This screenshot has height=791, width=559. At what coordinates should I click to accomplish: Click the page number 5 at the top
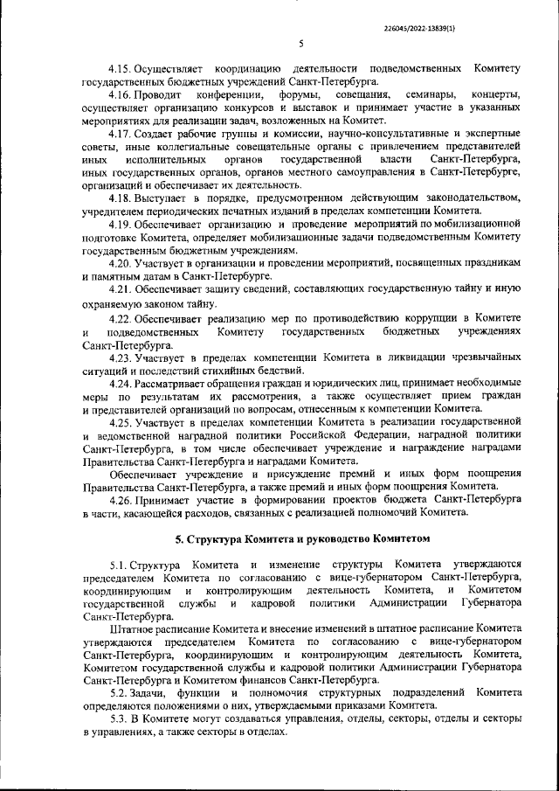pos(300,44)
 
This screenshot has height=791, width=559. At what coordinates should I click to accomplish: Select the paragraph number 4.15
pos(123,67)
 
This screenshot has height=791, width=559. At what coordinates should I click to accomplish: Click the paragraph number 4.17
pos(123,134)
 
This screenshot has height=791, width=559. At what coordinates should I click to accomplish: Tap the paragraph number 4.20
pos(123,262)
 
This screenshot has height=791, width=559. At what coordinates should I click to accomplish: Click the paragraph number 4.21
pos(123,289)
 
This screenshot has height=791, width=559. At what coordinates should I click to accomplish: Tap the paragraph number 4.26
pos(123,499)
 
